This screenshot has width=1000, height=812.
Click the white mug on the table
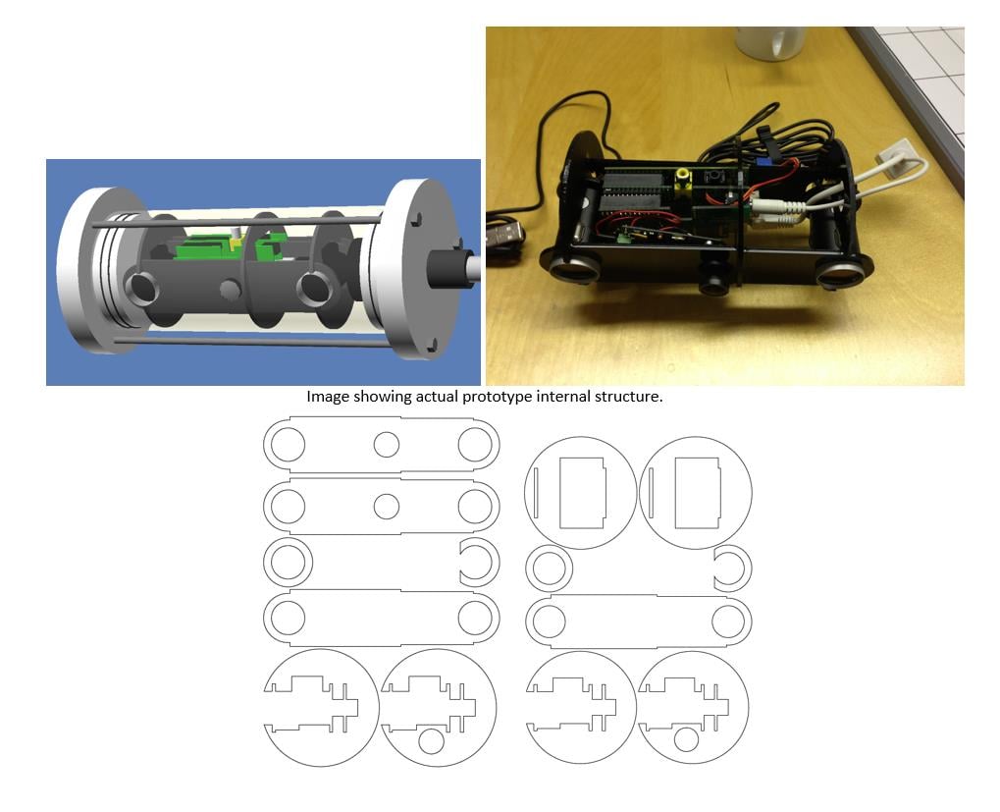pyautogui.click(x=770, y=41)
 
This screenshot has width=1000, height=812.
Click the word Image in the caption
pyautogui.click(x=326, y=397)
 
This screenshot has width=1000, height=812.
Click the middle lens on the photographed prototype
pyautogui.click(x=713, y=278)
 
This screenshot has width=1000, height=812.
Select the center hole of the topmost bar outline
pyautogui.click(x=387, y=444)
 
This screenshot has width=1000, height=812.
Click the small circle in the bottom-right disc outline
pyautogui.click(x=686, y=739)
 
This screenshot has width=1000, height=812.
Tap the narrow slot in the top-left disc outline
pyautogui.click(x=537, y=492)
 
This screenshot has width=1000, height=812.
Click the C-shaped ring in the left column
pyautogui.click(x=479, y=563)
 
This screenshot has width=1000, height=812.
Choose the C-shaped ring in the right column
pyautogui.click(x=732, y=568)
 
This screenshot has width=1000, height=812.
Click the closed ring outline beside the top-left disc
pyautogui.click(x=550, y=568)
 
